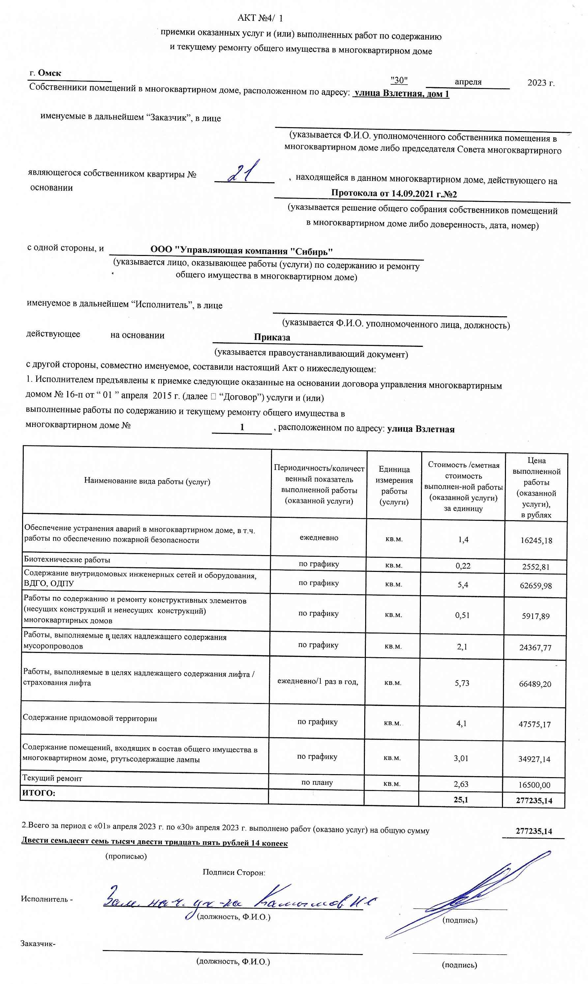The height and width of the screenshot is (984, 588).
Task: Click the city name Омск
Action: coord(49,73)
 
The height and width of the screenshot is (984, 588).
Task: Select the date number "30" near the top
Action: coord(399,80)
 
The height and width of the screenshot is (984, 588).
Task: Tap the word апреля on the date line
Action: coord(468,82)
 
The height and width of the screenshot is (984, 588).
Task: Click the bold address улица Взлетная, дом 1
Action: coord(401,94)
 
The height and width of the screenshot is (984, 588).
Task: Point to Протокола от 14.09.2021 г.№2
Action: coord(394,194)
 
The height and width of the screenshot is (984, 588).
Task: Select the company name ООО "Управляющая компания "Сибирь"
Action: coord(241,251)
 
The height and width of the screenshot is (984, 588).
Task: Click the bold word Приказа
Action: coord(272,337)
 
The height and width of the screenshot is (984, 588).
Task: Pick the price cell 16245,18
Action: coord(536,541)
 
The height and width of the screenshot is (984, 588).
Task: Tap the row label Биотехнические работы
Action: coord(67,559)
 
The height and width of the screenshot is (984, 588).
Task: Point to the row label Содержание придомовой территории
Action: coord(90,718)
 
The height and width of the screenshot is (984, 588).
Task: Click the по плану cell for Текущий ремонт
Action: coord(317,782)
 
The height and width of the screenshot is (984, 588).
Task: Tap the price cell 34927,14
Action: coord(534,759)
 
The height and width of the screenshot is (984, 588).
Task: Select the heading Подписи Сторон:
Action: coord(234,872)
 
